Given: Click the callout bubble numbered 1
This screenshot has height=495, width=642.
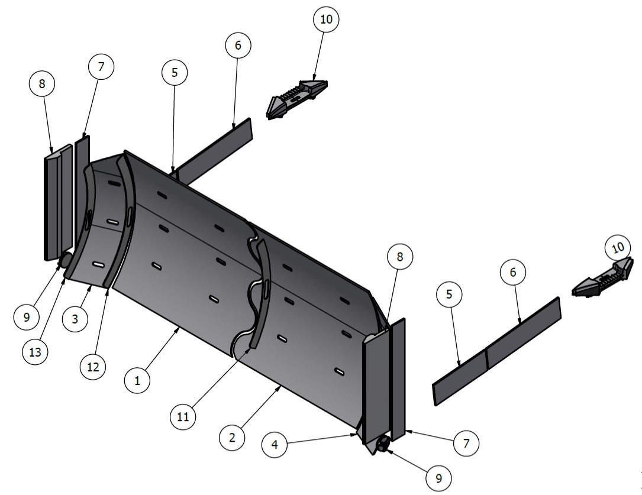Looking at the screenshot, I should point(137,381).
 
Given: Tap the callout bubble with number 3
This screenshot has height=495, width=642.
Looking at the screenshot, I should point(76,318).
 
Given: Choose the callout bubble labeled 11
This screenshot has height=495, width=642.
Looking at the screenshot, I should point(182,416).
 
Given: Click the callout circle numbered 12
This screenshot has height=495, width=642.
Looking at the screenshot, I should point(93,367).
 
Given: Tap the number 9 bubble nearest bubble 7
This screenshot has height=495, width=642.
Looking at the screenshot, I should point(438,477).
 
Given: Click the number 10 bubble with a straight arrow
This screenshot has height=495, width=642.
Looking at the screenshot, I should point(326,20).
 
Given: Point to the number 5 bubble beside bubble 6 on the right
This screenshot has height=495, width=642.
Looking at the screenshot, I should point(450,295).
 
